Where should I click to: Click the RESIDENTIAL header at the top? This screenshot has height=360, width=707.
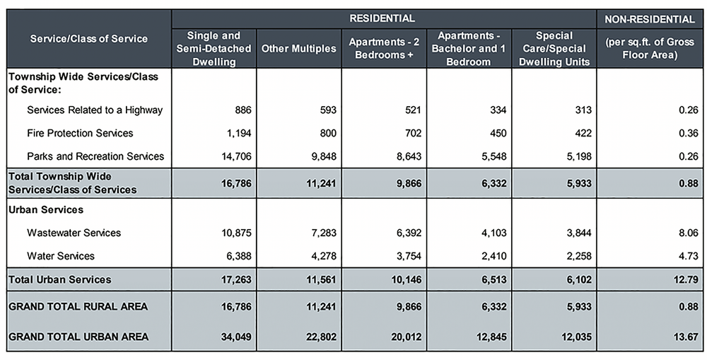coord(382,18)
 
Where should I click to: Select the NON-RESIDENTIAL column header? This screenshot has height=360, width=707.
coord(651,18)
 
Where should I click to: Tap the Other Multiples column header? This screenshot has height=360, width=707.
coord(298,49)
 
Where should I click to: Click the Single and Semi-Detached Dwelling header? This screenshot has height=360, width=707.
coord(214,49)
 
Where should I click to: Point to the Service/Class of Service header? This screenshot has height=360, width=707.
coord(89,38)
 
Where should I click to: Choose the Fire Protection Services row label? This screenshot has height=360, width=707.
coord(80,133)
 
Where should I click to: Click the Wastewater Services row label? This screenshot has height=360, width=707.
coord(74,233)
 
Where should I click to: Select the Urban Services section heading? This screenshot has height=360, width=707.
coord(46,210)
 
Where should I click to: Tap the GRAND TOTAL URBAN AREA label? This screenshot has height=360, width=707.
coord(78,337)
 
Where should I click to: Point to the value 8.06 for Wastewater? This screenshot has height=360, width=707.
coord(688,233)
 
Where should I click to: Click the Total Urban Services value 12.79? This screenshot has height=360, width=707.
coord(686,279)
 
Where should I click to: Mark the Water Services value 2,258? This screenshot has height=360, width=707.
coord(577,255)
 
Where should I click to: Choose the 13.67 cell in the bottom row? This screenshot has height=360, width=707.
coord(686,337)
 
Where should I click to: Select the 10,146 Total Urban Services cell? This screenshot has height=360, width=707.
coord(407,279)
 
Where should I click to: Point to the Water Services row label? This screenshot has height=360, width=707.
coord(61,255)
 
